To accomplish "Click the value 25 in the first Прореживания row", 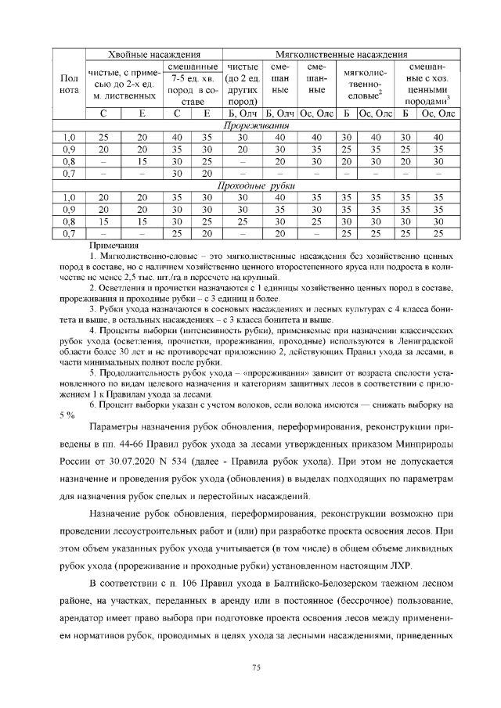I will coord(103,138).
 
